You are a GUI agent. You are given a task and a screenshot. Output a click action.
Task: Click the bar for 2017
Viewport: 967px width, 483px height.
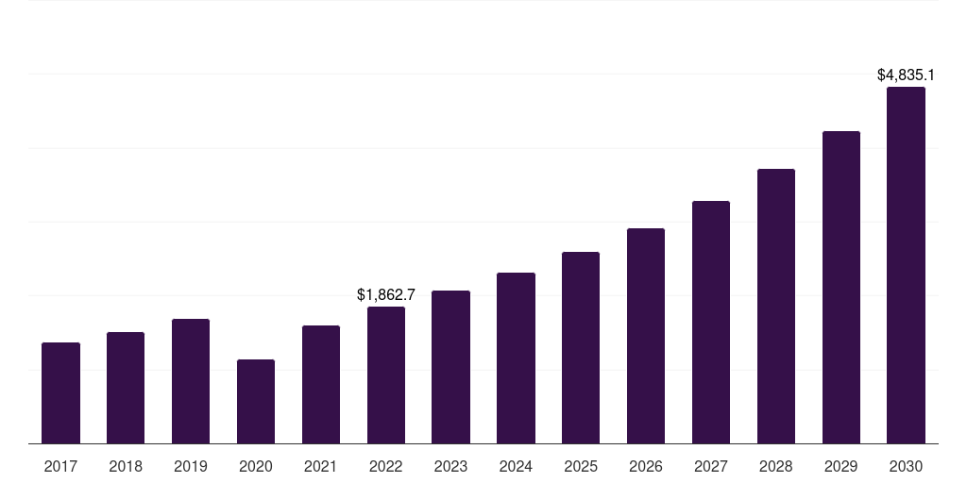(60, 393)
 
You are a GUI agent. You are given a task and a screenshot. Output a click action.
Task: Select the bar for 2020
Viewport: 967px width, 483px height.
(256, 402)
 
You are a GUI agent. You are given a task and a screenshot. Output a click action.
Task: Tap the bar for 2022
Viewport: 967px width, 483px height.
(386, 375)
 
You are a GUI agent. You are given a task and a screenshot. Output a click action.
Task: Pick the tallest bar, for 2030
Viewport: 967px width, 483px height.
(906, 265)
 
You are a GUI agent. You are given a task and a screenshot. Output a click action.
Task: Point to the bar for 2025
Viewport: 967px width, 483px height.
(581, 348)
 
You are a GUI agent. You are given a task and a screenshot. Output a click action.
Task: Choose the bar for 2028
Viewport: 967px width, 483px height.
(776, 307)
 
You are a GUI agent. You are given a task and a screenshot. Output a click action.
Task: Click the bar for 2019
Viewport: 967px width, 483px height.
(191, 381)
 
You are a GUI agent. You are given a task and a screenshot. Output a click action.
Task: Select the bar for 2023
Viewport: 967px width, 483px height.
(450, 367)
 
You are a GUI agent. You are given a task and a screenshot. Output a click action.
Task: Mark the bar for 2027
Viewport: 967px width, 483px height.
(711, 323)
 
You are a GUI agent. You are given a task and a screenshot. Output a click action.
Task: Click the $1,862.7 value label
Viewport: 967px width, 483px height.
(386, 294)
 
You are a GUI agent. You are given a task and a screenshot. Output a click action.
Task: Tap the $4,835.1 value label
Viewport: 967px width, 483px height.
(906, 75)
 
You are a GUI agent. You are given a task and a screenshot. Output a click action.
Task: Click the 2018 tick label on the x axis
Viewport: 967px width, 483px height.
(126, 466)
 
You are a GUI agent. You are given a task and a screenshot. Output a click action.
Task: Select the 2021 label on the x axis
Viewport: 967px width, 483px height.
(321, 466)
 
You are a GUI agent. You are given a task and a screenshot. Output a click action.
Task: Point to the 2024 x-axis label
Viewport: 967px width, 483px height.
(516, 466)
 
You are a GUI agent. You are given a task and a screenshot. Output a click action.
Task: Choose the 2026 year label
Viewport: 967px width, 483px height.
(646, 466)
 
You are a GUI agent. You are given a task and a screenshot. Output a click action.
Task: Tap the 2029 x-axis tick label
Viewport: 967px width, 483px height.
(841, 466)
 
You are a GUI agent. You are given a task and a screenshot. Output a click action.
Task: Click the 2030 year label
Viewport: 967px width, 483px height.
(906, 466)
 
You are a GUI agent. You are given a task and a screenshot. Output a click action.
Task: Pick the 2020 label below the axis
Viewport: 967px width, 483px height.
(256, 466)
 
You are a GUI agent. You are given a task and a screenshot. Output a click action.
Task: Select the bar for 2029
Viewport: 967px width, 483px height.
(841, 288)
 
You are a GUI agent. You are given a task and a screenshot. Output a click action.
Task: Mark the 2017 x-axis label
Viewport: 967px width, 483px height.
(60, 466)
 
